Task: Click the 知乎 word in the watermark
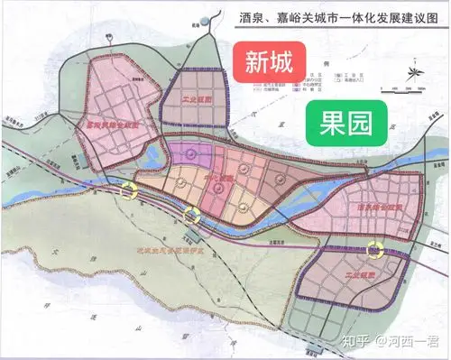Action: click(x=353, y=340)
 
